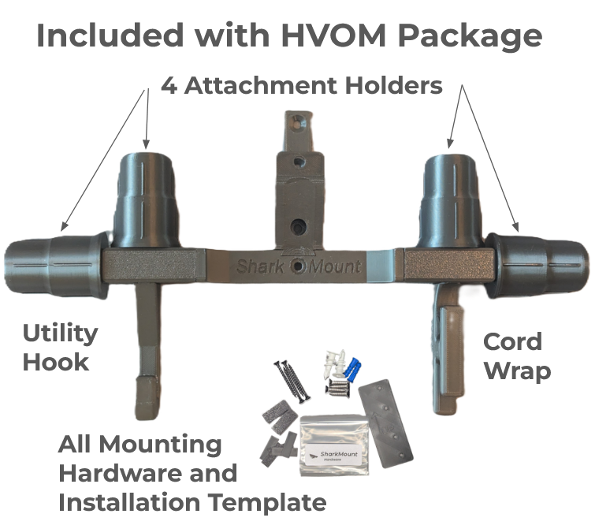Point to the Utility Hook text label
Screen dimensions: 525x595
click(59, 347)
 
